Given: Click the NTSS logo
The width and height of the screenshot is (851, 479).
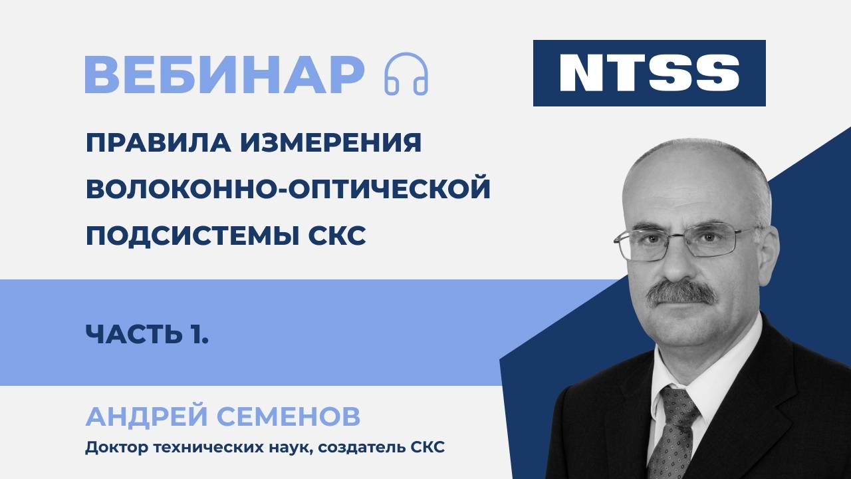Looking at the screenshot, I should (x=649, y=73).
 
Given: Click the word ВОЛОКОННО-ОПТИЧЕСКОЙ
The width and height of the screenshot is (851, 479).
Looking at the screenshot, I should (x=288, y=190).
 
